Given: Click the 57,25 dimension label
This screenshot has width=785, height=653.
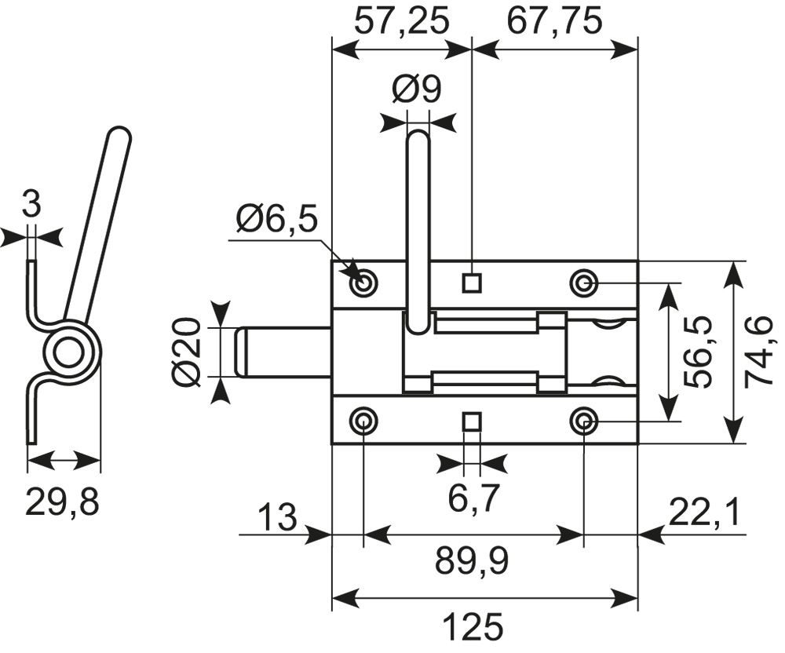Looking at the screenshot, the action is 400,23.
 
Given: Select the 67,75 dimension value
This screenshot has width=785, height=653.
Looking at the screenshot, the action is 554,23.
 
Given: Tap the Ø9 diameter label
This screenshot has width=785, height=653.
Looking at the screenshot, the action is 417,89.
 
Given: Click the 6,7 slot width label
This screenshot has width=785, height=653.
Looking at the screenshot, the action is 473,499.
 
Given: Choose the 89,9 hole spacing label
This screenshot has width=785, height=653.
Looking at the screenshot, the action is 472,561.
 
